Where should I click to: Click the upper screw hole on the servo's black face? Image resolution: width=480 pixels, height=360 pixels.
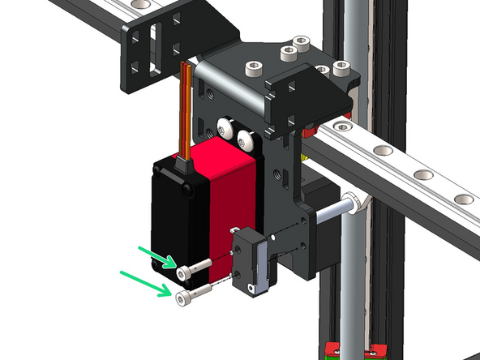pos(187,190)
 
